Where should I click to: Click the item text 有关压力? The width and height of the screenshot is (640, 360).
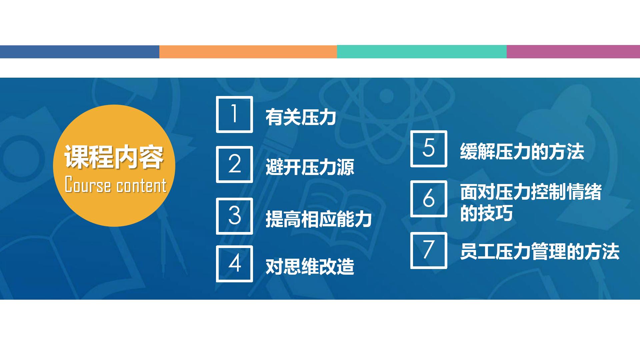(301, 117)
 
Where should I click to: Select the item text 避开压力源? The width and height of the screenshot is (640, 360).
(310, 167)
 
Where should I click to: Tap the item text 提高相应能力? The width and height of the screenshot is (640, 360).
(319, 219)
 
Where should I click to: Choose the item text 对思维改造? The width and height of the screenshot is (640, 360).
(310, 267)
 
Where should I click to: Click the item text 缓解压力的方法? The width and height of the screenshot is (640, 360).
(522, 152)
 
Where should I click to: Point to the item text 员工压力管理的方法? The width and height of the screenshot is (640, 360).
(540, 252)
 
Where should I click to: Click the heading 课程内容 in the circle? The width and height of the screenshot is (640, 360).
(114, 157)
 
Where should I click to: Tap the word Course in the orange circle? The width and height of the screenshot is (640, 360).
(88, 185)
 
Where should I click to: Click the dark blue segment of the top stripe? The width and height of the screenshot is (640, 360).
(80, 52)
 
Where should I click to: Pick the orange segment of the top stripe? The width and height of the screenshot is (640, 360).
(248, 52)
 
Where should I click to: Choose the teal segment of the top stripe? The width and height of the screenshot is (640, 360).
(422, 52)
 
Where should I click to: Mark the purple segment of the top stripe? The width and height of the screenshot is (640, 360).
(573, 52)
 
